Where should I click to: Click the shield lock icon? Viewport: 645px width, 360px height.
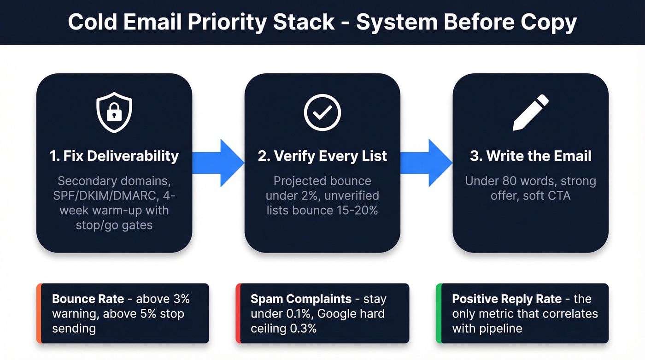point(114,112)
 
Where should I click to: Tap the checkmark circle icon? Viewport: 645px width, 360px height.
point(322,112)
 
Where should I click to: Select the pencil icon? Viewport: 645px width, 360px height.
point(531,112)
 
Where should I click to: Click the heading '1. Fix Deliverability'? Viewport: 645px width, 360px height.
point(114,156)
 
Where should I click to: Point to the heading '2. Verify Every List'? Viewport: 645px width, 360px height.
point(322,156)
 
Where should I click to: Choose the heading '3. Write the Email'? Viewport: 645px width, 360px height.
point(531,156)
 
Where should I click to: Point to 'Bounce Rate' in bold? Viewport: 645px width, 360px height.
point(88,299)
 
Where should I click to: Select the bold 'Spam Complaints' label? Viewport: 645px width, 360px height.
point(301,299)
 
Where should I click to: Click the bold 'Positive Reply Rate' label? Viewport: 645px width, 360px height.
point(507,299)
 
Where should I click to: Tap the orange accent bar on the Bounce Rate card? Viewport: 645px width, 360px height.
point(39,313)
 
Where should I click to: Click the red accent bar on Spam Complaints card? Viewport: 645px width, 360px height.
point(238,313)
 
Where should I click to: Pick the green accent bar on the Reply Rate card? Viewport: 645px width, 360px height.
point(438,313)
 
